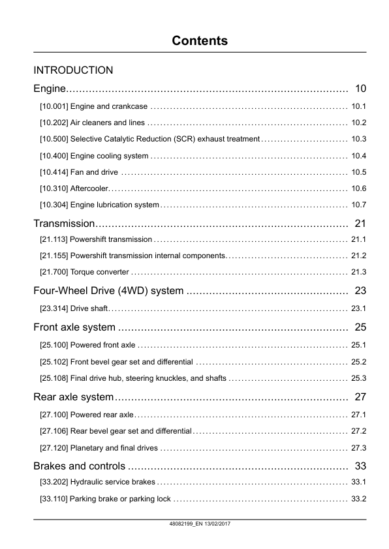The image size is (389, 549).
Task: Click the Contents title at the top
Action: [200, 40]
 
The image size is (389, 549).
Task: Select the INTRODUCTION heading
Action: [73, 70]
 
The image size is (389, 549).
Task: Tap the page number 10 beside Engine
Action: [361, 89]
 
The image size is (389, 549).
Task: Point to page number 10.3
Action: [359, 140]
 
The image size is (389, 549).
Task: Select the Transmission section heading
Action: [65, 224]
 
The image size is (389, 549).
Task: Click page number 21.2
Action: [359, 256]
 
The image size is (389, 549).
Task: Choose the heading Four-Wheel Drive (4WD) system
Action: [108, 291]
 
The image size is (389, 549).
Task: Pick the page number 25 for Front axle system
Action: [361, 327]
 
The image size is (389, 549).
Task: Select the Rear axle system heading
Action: [73, 396]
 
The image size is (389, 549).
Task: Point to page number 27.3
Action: [359, 448]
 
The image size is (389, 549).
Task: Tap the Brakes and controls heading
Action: [79, 466]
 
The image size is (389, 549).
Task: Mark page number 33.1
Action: [359, 482]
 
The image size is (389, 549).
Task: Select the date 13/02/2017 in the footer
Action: [219, 524]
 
